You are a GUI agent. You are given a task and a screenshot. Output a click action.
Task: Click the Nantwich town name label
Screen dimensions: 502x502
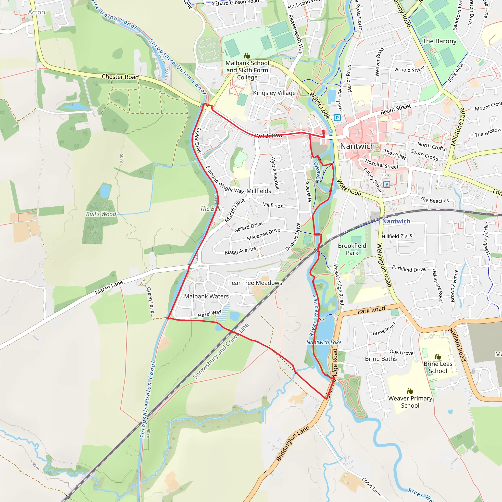[x=358, y=146]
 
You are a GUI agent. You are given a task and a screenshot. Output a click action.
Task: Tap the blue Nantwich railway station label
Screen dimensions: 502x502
[x=396, y=221]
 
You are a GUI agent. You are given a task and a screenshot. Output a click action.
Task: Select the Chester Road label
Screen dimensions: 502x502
[x=120, y=77]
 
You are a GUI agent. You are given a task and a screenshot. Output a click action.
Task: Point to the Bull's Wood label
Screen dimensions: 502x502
[x=101, y=214]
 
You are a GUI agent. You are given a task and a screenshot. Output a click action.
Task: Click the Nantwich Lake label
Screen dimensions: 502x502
[x=324, y=342]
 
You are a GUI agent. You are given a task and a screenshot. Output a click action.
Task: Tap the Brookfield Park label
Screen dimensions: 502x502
[x=352, y=249]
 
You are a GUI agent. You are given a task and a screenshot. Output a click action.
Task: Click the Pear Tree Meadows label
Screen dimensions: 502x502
[x=255, y=283]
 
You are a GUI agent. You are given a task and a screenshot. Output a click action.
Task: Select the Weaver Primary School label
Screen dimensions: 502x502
[x=410, y=402]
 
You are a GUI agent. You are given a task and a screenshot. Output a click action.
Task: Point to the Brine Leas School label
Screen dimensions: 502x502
[x=438, y=367]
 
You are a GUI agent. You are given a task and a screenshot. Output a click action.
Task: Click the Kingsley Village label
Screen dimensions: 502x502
[x=274, y=93]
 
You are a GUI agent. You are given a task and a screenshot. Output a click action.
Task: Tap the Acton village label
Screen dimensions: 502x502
[x=36, y=13]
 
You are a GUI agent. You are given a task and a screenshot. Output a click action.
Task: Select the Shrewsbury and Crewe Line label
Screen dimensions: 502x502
[x=221, y=351]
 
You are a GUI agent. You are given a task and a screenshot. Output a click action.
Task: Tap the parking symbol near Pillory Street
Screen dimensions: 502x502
[x=387, y=185]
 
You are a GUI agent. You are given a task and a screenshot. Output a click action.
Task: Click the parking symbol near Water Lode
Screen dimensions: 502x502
[x=337, y=118]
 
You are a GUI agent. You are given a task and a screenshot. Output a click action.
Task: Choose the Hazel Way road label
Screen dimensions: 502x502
[x=209, y=313]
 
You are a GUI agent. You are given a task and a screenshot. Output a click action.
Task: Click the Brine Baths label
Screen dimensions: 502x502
[x=381, y=359]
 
